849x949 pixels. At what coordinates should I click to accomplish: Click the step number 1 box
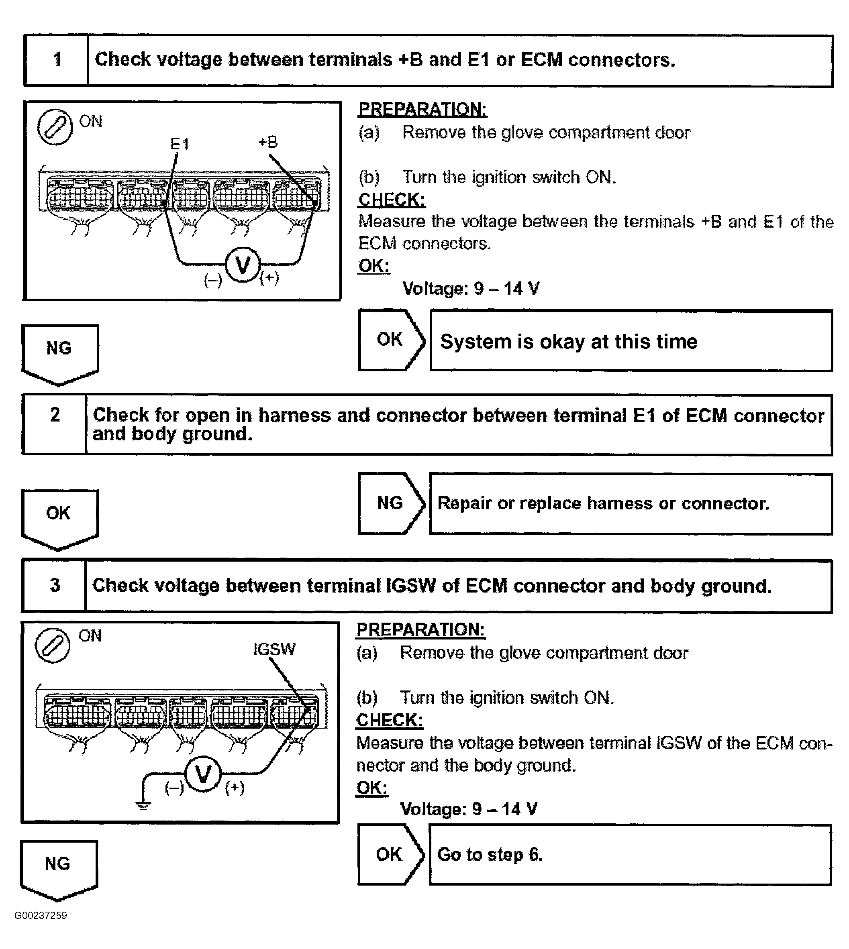[57, 60]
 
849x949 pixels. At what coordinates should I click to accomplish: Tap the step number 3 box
[55, 585]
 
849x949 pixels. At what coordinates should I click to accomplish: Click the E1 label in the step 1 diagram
[180, 144]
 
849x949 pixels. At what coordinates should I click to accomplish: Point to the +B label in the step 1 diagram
[268, 142]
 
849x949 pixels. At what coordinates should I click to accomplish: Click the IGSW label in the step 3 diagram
[274, 649]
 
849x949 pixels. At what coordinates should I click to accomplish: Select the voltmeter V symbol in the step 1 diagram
[243, 265]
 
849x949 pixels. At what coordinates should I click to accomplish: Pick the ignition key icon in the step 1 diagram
[55, 127]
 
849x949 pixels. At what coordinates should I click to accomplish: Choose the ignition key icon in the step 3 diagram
[53, 646]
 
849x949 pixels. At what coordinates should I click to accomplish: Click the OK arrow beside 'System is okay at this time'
[391, 340]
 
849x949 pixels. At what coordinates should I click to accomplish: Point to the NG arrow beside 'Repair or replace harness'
[391, 503]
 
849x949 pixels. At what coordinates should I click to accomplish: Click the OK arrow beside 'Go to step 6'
[390, 854]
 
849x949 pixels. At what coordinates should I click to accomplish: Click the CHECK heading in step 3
[390, 720]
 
